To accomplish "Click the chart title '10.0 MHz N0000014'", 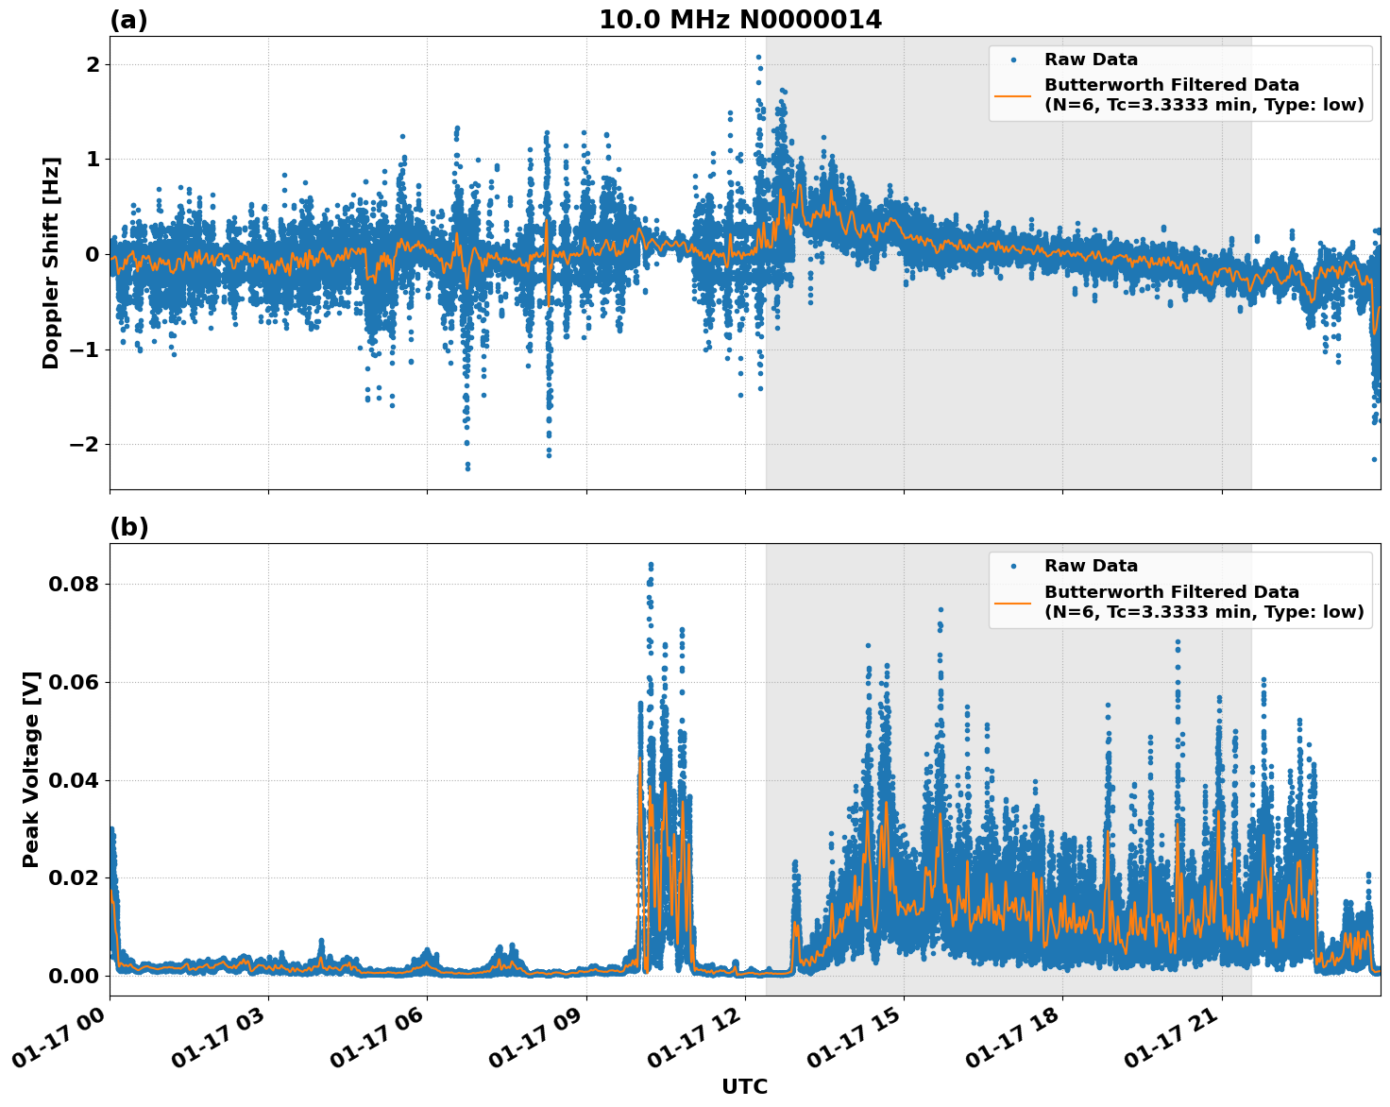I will (x=740, y=20).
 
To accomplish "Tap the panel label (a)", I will (x=128, y=20).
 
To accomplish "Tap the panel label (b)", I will (x=128, y=527).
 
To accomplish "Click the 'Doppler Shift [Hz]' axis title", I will (x=51, y=263).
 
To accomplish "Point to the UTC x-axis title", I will (x=744, y=1086).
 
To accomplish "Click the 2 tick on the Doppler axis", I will (x=93, y=64).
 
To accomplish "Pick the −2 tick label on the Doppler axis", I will (x=85, y=444).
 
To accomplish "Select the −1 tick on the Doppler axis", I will (x=85, y=349).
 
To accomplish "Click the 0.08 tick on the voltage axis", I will (x=74, y=584).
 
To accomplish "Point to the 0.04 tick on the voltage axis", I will (x=74, y=780).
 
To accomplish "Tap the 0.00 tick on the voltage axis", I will (x=74, y=976).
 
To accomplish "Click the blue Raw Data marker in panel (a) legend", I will (x=1013, y=60).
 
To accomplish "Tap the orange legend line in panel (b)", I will (x=1013, y=602).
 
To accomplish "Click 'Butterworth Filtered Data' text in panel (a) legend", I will (x=1171, y=85).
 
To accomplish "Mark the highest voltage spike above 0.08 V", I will (x=650, y=565).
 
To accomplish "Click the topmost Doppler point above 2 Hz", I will (x=758, y=57).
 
